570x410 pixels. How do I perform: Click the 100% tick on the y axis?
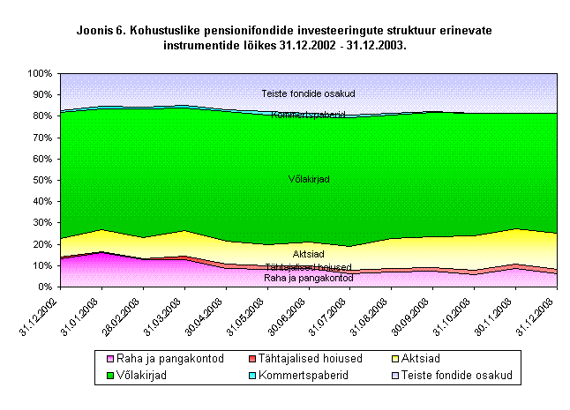[40, 73]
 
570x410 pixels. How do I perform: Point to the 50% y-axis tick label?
[41, 180]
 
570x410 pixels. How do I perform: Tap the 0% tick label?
[45, 287]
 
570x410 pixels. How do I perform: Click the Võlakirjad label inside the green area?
[309, 180]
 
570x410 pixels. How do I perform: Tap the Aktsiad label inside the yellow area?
[309, 254]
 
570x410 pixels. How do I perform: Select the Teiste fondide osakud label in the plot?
[309, 93]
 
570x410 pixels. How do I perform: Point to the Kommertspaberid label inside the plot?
[309, 115]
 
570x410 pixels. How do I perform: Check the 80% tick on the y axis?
[41, 116]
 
